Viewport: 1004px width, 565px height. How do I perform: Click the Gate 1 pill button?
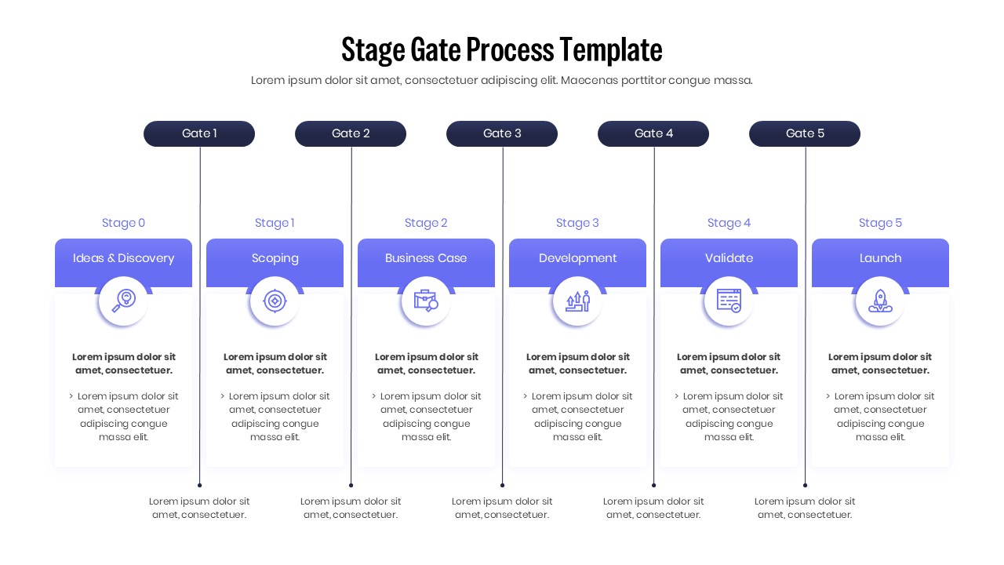[199, 133]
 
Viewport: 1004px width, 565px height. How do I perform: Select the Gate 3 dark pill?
[502, 133]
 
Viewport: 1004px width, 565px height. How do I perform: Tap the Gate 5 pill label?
[805, 133]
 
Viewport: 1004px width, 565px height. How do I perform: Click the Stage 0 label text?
[123, 223]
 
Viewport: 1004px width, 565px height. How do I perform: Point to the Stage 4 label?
[729, 223]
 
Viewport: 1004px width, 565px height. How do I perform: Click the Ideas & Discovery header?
[123, 258]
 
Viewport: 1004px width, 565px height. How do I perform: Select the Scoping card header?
[275, 258]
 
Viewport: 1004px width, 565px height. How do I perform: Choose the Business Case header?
[426, 258]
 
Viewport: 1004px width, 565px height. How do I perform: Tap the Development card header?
[577, 258]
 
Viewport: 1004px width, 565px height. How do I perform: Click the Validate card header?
[729, 258]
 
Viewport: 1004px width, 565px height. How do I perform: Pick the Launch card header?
[880, 258]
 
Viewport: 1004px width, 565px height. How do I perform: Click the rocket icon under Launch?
[880, 301]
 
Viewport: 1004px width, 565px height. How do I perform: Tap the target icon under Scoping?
[275, 301]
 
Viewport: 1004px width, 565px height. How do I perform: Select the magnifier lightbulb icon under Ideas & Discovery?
[123, 301]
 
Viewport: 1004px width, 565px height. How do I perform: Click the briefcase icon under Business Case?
[426, 301]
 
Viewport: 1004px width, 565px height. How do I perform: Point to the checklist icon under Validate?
[729, 301]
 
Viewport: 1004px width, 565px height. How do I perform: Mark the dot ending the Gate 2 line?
[351, 485]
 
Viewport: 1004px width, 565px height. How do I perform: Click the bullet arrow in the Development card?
[526, 396]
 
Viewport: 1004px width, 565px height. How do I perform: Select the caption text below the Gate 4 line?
[653, 508]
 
